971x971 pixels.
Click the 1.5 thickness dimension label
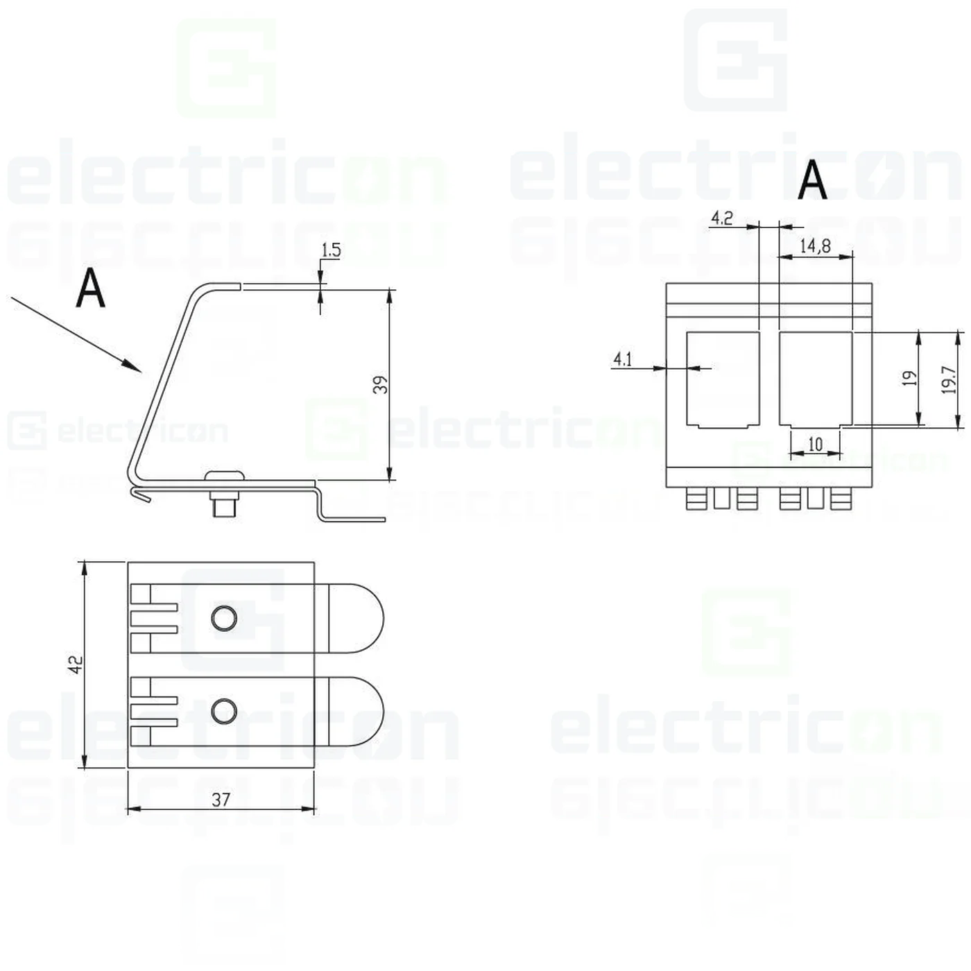[x=331, y=250]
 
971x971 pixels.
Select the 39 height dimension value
[x=380, y=384]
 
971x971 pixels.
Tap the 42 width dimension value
[x=75, y=664]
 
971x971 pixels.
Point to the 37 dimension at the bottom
[x=221, y=799]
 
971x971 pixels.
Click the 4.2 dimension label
[x=721, y=218]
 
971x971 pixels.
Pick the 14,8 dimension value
[x=814, y=246]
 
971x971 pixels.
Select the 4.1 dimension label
[x=622, y=359]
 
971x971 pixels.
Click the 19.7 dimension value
[x=948, y=380]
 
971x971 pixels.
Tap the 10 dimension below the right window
[x=815, y=444]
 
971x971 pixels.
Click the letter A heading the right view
[x=812, y=180]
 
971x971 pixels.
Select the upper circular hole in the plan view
[x=224, y=617]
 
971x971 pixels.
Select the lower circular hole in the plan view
[x=223, y=711]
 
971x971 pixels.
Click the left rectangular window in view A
[x=723, y=379]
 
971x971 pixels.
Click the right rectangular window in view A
[x=816, y=379]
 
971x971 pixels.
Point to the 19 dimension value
[x=909, y=379]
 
